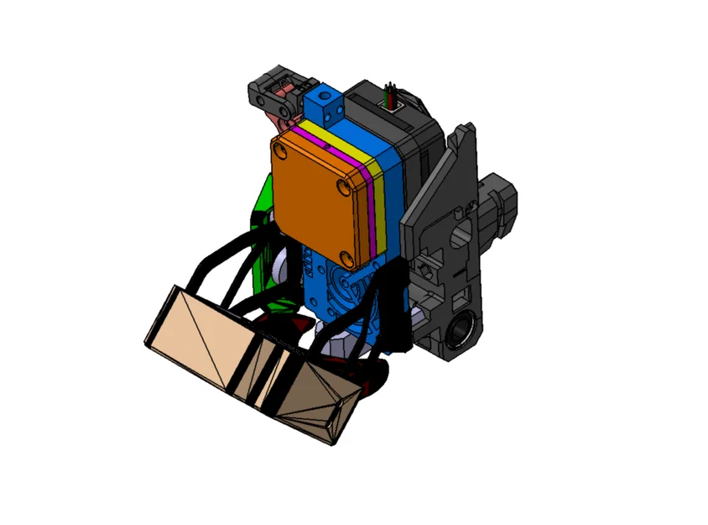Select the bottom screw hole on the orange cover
point(345,255)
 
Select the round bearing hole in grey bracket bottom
point(460,329)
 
